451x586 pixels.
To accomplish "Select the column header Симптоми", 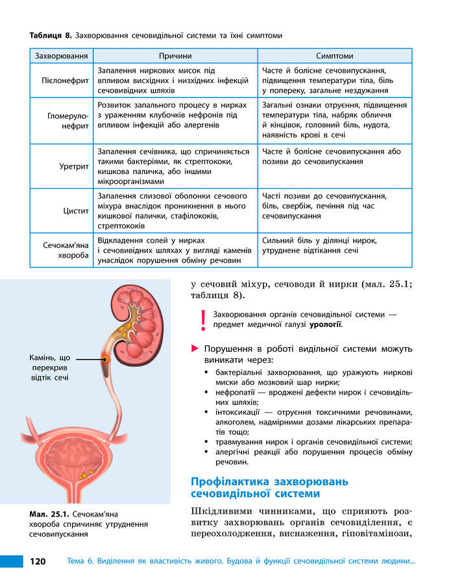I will point(334,56).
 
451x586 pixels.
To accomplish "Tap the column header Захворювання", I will point(62,56).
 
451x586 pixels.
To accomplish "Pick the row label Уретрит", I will point(74,166).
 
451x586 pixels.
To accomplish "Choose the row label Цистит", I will point(76,211).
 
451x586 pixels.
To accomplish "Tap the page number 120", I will point(36,561).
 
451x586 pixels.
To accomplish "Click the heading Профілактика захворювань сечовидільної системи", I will point(269,487).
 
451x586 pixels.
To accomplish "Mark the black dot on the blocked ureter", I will point(105,358).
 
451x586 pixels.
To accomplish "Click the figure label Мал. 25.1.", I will point(49,514).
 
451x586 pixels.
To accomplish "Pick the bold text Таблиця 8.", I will point(51,34).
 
